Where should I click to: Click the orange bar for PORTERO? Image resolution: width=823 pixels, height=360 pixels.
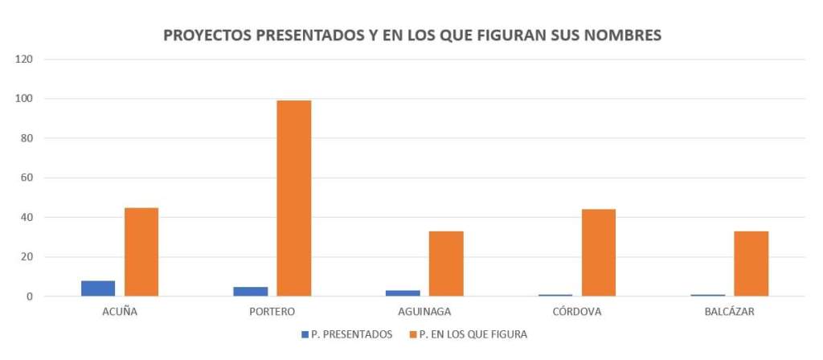[x=293, y=198]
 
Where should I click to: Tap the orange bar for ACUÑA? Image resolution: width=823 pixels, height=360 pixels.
[x=141, y=252]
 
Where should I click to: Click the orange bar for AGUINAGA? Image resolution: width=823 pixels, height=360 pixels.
[x=446, y=264]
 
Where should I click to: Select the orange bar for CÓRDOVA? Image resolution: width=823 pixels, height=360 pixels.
[x=599, y=252]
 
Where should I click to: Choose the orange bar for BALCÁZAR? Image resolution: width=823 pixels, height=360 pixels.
[x=751, y=264]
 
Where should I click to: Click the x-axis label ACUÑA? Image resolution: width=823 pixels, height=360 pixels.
[x=120, y=312]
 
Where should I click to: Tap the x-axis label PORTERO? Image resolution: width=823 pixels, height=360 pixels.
[x=272, y=312]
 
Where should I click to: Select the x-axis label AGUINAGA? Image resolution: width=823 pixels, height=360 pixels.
[x=424, y=312]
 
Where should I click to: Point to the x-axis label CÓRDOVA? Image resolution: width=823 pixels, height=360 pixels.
[x=577, y=312]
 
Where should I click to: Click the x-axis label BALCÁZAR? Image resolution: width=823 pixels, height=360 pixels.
[x=729, y=312]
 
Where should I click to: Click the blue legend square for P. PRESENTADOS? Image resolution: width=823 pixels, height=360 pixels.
[x=305, y=334]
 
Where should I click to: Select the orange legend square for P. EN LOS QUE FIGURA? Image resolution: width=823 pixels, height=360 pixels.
[x=412, y=334]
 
